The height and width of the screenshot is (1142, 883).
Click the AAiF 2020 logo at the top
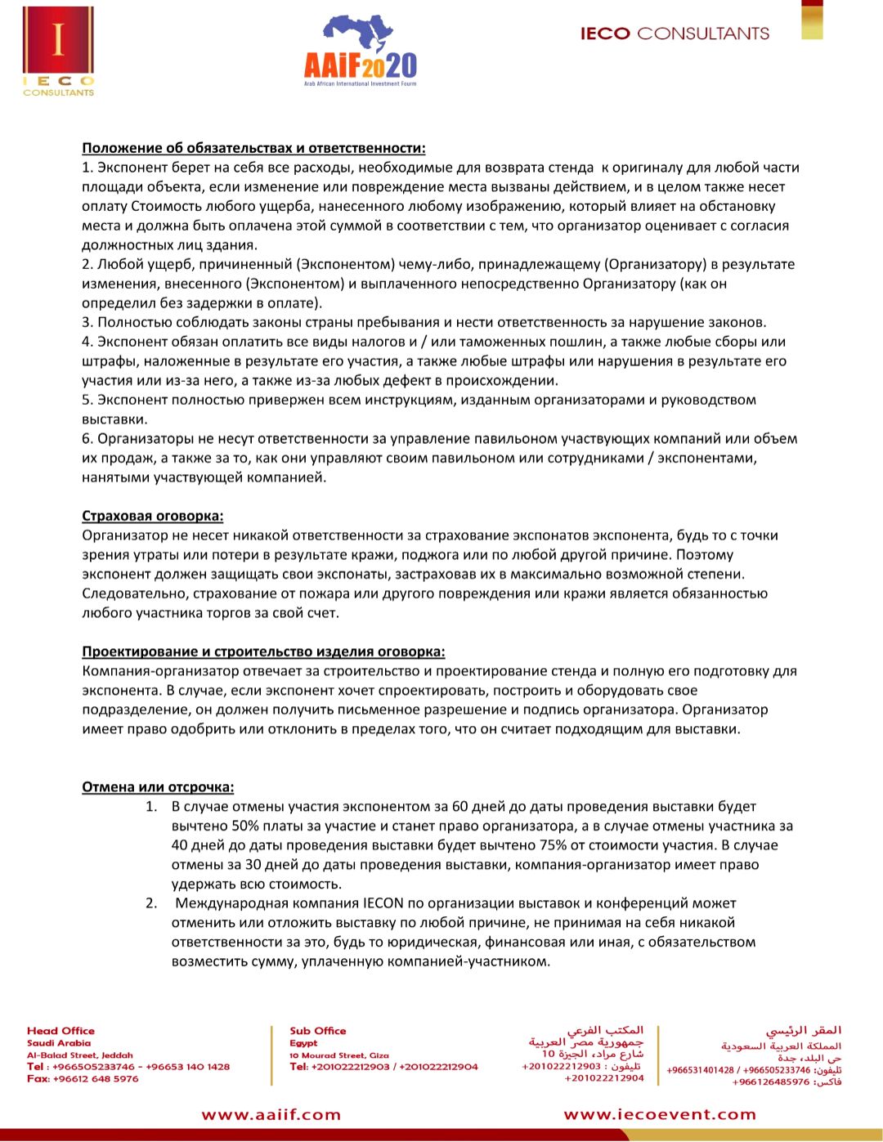[x=360, y=51]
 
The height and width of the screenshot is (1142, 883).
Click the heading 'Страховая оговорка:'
[x=152, y=516]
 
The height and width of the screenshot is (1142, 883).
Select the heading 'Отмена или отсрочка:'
[x=158, y=787]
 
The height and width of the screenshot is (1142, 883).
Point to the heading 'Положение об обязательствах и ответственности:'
[x=253, y=148]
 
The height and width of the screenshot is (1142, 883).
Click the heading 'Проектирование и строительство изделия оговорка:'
[x=263, y=652]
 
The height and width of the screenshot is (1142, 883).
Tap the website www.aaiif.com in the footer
[x=271, y=1114]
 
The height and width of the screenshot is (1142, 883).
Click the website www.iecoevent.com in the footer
[x=660, y=1114]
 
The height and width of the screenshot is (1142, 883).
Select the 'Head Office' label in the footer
[x=61, y=1031]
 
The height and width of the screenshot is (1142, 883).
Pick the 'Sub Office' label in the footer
[x=317, y=1031]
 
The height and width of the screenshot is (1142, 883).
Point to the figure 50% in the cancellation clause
[x=245, y=826]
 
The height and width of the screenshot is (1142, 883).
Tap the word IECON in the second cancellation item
[x=383, y=903]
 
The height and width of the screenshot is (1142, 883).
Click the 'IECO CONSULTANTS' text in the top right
[x=675, y=34]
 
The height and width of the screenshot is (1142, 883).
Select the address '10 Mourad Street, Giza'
[x=338, y=1055]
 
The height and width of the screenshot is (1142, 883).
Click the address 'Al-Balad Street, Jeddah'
[x=79, y=1055]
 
